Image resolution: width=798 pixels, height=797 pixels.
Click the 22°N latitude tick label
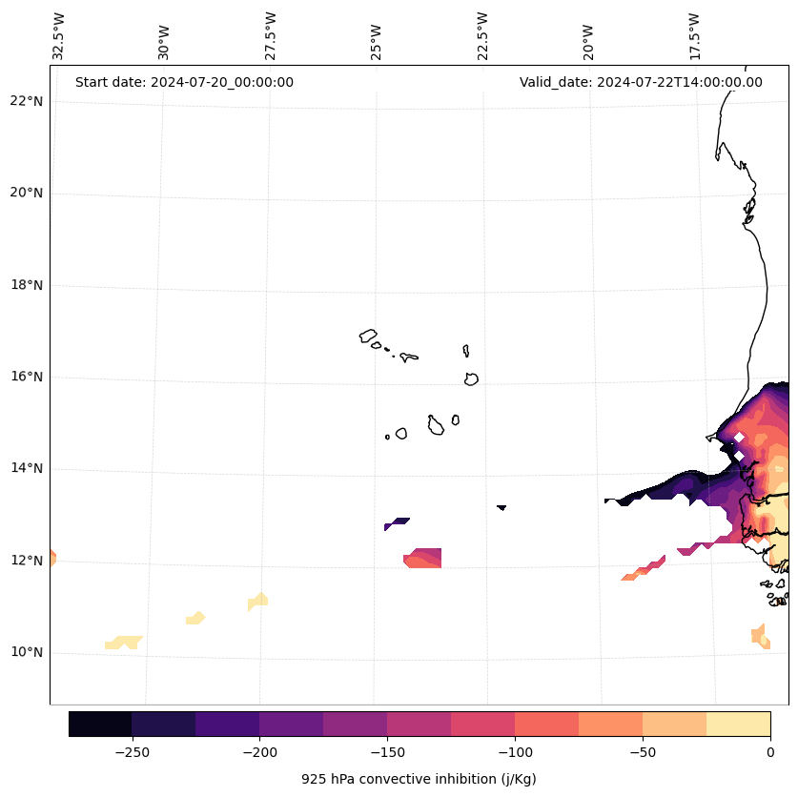pyautogui.click(x=27, y=101)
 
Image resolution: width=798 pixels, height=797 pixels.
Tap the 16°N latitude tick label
pyautogui.click(x=27, y=377)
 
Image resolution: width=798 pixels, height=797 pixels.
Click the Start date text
pyautogui.click(x=184, y=82)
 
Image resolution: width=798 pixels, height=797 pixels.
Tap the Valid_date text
pyautogui.click(x=641, y=82)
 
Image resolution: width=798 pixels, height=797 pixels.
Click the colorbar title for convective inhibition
pyautogui.click(x=419, y=779)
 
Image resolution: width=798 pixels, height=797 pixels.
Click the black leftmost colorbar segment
pyautogui.click(x=100, y=724)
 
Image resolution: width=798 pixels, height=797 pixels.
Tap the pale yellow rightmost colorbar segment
pyautogui.click(x=738, y=724)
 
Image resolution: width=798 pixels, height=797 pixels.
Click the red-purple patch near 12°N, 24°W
pyautogui.click(x=423, y=558)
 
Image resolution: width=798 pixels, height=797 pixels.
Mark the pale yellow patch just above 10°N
pyautogui.click(x=123, y=643)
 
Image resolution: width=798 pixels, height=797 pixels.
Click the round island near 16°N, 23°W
pyautogui.click(x=471, y=378)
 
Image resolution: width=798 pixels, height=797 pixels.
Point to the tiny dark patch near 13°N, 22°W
pyautogui.click(x=501, y=507)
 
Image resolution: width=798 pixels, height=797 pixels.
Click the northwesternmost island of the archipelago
pyautogui.click(x=368, y=336)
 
